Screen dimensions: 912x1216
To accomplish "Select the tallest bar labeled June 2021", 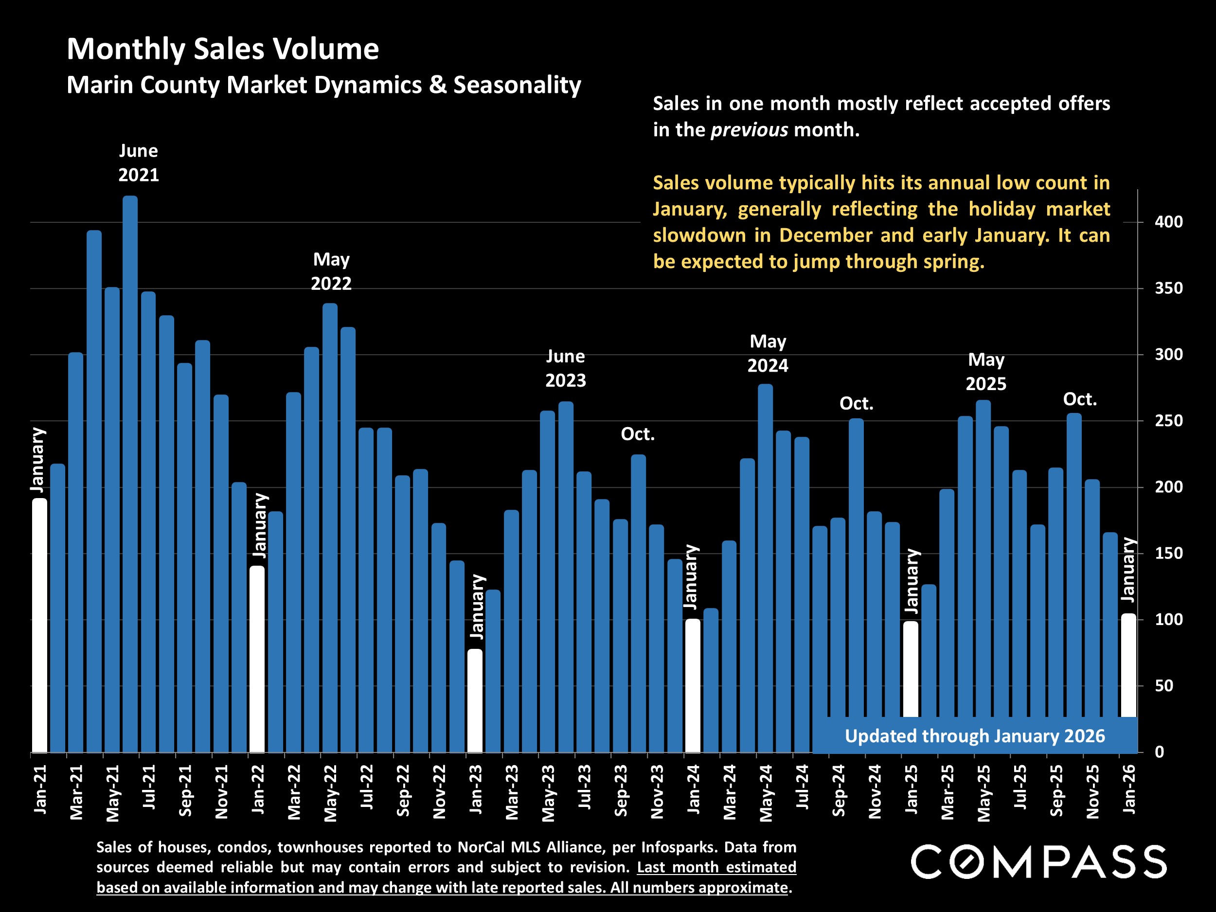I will pyautogui.click(x=130, y=473).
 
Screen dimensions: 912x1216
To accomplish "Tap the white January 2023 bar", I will pyautogui.click(x=475, y=701).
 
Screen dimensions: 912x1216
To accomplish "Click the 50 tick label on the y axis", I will pyautogui.click(x=1163, y=686).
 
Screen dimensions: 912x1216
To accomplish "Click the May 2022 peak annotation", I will pyautogui.click(x=331, y=271).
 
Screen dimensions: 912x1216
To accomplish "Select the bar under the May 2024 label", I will pyautogui.click(x=765, y=566).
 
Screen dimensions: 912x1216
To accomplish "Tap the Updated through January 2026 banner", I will pyautogui.click(x=974, y=736).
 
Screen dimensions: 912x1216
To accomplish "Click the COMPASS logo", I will pyautogui.click(x=1038, y=861).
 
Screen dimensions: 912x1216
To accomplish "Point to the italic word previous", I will pyautogui.click(x=749, y=130).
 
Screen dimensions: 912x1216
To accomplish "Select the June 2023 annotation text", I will pyautogui.click(x=566, y=368).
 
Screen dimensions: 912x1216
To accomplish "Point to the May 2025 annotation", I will pyautogui.click(x=986, y=372).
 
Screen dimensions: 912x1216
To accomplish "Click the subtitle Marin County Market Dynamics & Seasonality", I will pyautogui.click(x=323, y=85).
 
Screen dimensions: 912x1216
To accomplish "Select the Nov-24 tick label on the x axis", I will pyautogui.click(x=875, y=791).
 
